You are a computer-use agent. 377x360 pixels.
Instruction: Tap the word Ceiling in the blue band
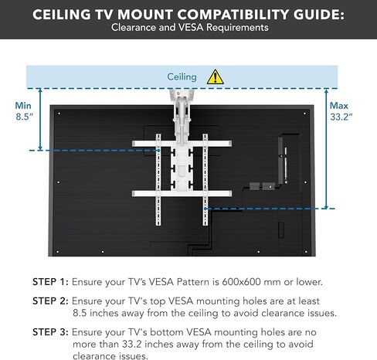tap(182, 77)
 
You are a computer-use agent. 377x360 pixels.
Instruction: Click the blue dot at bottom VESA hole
tap(205, 209)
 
